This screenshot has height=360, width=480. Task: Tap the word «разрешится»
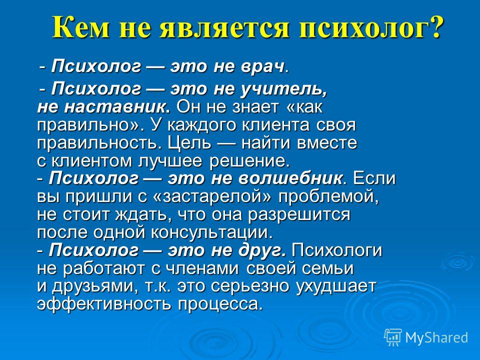(x=299, y=215)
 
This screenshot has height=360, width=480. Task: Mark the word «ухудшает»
(x=336, y=286)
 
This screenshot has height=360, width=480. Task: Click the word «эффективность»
(x=103, y=304)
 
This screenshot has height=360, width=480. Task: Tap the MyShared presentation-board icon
(x=393, y=337)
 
